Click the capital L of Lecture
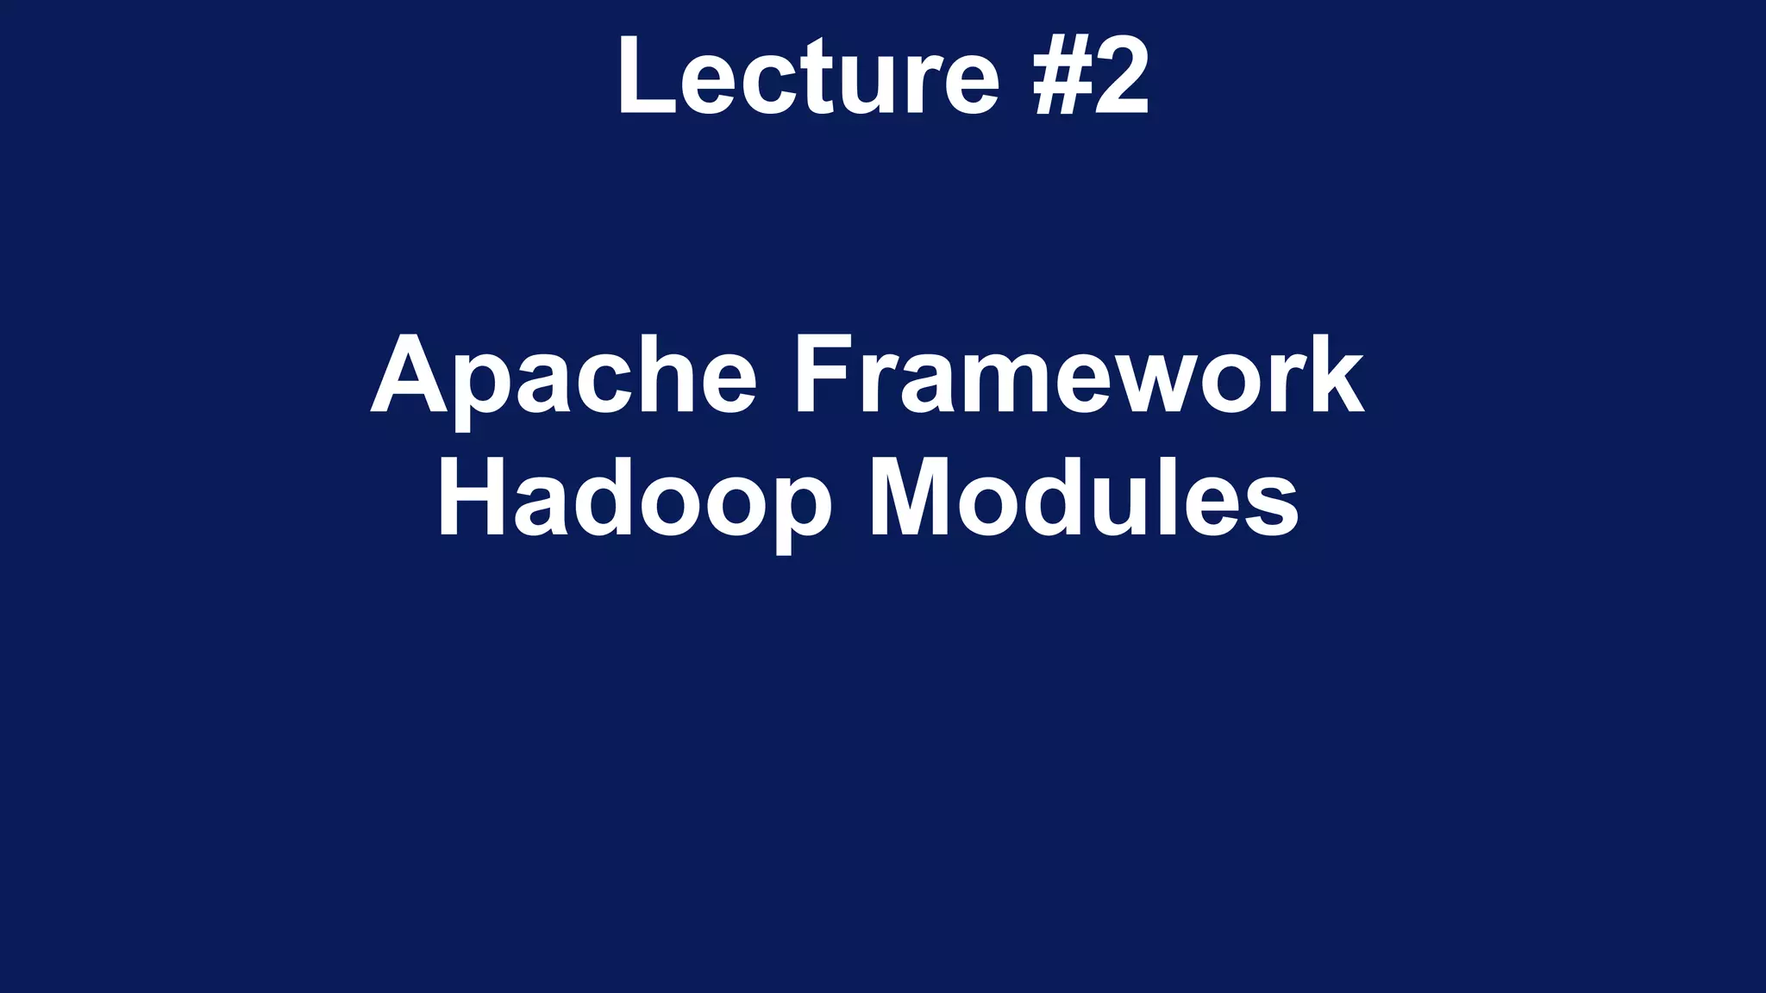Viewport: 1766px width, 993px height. (642, 76)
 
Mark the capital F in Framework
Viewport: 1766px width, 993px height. (820, 376)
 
